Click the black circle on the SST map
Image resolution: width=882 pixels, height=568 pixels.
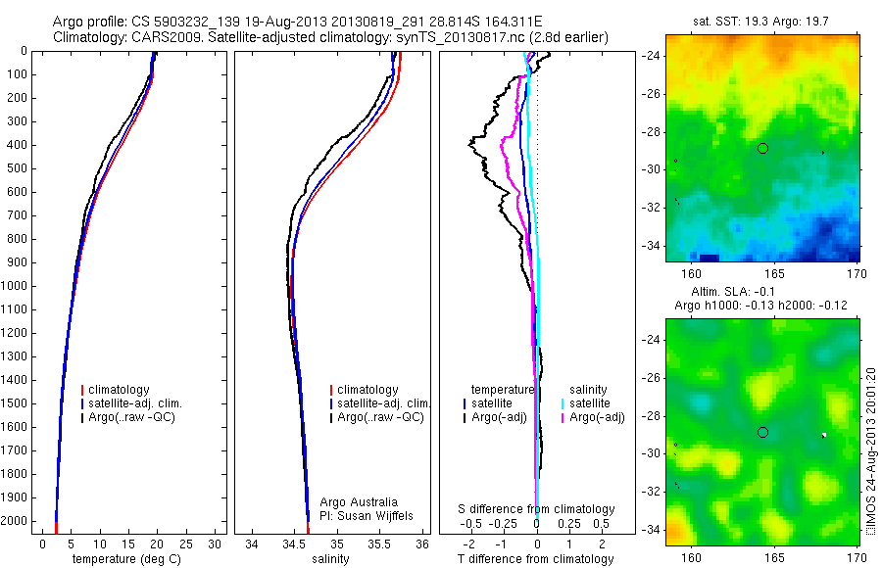pos(762,148)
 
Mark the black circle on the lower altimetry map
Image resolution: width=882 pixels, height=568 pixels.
pos(762,432)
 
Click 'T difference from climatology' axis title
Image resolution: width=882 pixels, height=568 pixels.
pos(535,559)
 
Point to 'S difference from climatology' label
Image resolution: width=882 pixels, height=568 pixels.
pos(537,509)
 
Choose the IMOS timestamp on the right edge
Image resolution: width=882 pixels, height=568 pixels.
pos(872,450)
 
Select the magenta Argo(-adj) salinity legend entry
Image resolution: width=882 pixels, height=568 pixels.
pos(597,417)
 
